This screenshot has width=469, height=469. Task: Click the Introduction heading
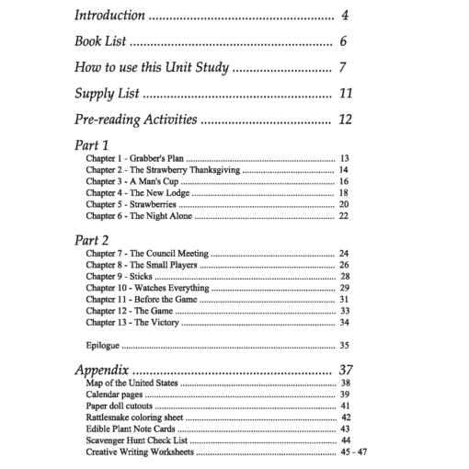[x=109, y=16]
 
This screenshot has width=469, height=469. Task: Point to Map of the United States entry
[x=133, y=383]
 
